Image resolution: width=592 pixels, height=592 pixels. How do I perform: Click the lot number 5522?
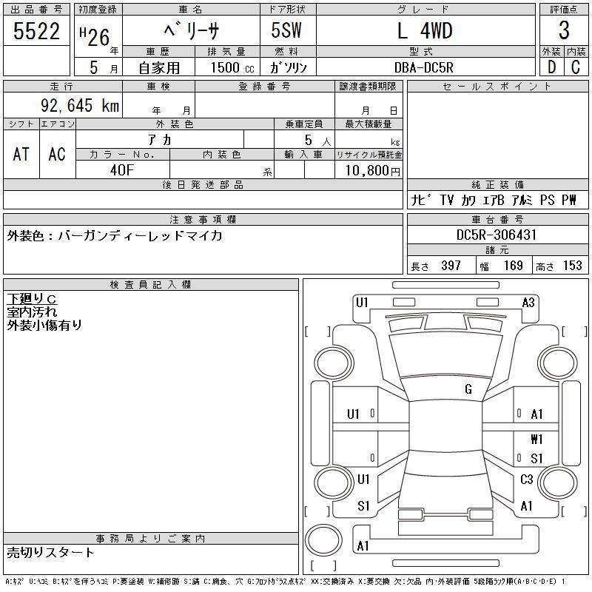36,30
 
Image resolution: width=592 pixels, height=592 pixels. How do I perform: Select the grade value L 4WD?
425,30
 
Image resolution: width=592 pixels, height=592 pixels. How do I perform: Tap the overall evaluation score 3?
564,30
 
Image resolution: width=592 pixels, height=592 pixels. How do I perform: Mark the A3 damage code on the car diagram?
528,302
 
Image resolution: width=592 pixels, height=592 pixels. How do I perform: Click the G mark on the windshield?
468,389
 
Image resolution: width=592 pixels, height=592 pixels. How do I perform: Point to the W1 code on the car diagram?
537,440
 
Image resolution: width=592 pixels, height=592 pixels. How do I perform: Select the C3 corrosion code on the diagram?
527,480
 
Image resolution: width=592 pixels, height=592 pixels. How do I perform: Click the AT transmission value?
21,154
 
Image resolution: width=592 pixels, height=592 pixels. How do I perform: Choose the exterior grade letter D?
551,67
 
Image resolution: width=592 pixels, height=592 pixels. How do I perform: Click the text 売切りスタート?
51,552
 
